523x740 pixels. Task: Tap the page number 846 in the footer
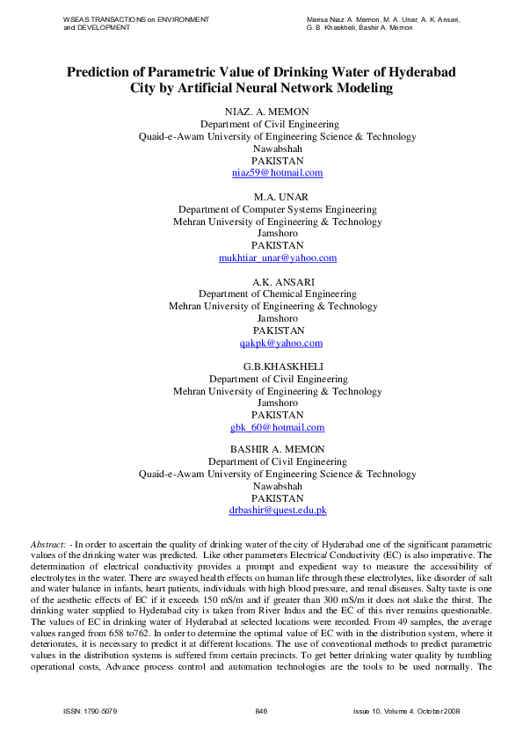261,710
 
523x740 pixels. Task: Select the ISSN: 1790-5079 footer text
91,710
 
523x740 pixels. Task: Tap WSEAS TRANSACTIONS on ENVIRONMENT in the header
136,18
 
